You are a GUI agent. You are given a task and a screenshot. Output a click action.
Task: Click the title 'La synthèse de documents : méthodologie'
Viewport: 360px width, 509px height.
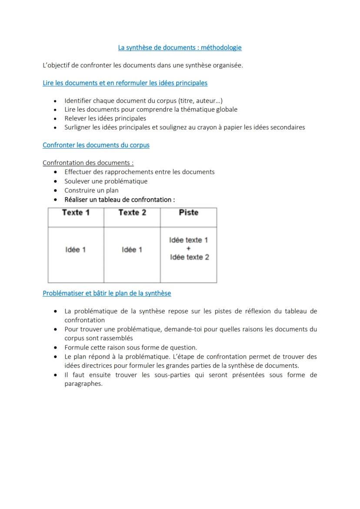(180, 48)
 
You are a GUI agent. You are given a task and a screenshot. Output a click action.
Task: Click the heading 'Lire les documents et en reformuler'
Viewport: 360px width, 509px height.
(125, 83)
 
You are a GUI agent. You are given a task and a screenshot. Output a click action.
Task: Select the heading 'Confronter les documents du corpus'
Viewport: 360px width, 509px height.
(96, 145)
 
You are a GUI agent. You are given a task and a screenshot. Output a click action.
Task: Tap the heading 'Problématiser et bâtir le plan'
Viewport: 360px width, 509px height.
(107, 293)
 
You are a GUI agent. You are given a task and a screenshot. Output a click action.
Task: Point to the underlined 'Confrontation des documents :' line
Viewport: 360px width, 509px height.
(88, 163)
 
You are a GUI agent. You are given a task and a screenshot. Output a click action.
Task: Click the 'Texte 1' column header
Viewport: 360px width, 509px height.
(76, 213)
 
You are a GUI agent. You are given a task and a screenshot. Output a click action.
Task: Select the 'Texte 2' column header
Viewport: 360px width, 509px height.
(132, 213)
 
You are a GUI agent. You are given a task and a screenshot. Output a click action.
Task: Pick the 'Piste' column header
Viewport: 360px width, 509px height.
(188, 213)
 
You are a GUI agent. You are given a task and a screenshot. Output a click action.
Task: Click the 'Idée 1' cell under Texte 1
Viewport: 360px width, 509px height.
(76, 250)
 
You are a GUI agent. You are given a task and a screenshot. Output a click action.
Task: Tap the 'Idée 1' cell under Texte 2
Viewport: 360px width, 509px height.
(132, 250)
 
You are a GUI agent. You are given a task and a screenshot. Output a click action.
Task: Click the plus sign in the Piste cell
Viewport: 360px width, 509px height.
(188, 249)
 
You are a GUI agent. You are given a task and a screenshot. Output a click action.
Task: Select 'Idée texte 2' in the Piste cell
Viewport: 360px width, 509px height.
(189, 257)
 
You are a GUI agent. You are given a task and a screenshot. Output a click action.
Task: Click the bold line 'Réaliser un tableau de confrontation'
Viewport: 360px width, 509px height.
(120, 200)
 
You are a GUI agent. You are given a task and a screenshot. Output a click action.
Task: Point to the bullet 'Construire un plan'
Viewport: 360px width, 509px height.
(91, 190)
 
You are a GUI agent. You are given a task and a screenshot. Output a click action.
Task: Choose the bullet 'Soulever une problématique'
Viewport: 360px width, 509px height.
(106, 181)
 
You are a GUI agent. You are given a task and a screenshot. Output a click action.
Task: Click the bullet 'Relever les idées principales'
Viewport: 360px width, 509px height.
(105, 118)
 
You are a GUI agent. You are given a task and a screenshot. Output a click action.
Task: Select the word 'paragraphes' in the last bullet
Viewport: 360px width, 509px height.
(83, 384)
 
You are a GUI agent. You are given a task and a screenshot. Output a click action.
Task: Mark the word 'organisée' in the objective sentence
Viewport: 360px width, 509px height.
(227, 66)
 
